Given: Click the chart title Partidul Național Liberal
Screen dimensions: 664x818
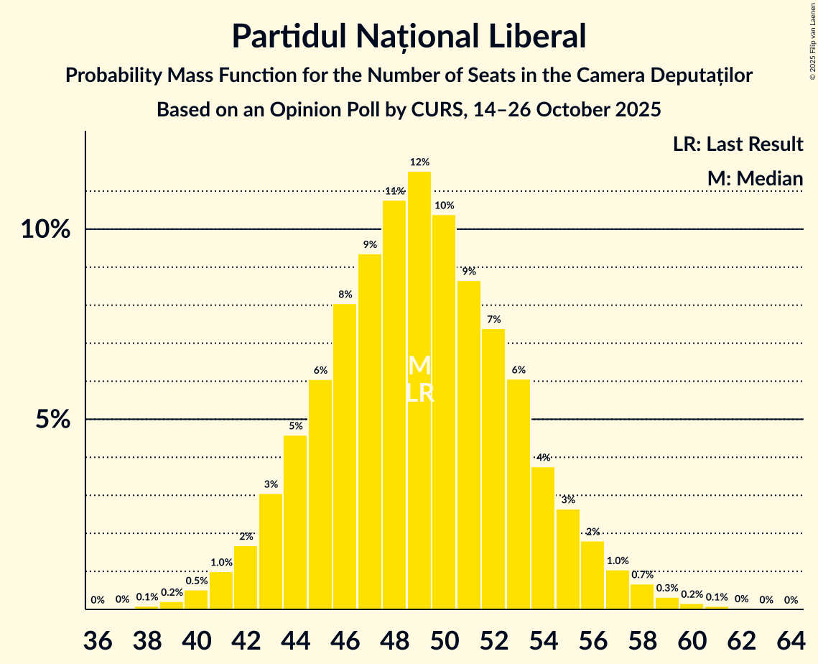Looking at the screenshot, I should pyautogui.click(x=409, y=36).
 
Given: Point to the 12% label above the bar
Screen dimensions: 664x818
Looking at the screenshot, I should pyautogui.click(x=419, y=162).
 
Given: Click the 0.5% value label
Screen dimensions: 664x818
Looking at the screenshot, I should pyautogui.click(x=196, y=581).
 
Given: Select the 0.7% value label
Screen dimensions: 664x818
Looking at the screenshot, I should pyautogui.click(x=642, y=575).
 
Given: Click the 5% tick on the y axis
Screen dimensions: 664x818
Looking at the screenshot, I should pyautogui.click(x=55, y=420).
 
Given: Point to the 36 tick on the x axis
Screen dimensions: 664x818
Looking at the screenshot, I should pyautogui.click(x=98, y=640).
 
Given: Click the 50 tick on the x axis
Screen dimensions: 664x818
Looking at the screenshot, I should pyautogui.click(x=445, y=640).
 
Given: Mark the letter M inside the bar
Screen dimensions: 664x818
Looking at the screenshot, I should pyautogui.click(x=419, y=366).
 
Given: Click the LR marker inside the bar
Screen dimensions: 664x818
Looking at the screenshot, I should pyautogui.click(x=420, y=393).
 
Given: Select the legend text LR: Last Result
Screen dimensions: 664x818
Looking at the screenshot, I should pyautogui.click(x=738, y=144).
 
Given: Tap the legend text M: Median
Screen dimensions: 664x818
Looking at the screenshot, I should pyautogui.click(x=754, y=178).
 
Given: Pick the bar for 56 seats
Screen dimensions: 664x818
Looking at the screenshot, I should pyautogui.click(x=592, y=575).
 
